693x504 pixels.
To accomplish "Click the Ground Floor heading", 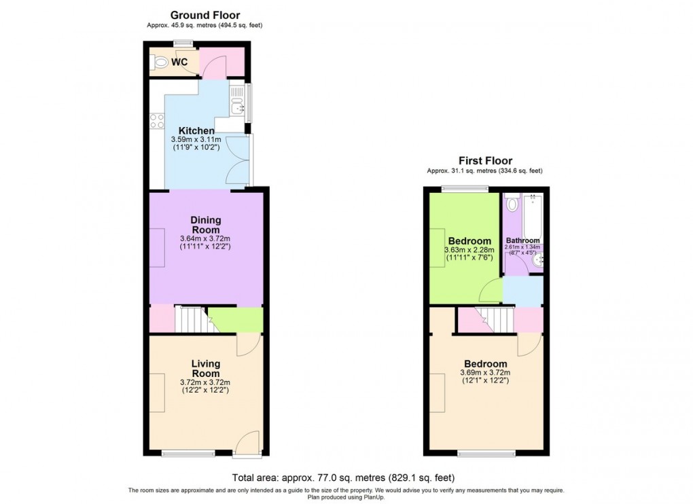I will click(x=205, y=15).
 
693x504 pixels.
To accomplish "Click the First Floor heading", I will click(x=485, y=161).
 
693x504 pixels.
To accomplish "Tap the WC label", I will click(x=179, y=62).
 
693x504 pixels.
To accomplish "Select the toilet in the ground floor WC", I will click(x=160, y=62).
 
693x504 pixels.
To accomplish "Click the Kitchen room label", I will click(x=196, y=130).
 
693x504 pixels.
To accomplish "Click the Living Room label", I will click(x=205, y=369).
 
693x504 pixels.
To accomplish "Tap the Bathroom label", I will click(x=522, y=240).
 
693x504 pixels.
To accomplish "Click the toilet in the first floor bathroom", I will click(x=512, y=204).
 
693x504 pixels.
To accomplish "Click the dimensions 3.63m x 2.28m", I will click(x=469, y=251).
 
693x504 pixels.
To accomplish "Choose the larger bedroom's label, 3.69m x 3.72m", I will click(x=485, y=364).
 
